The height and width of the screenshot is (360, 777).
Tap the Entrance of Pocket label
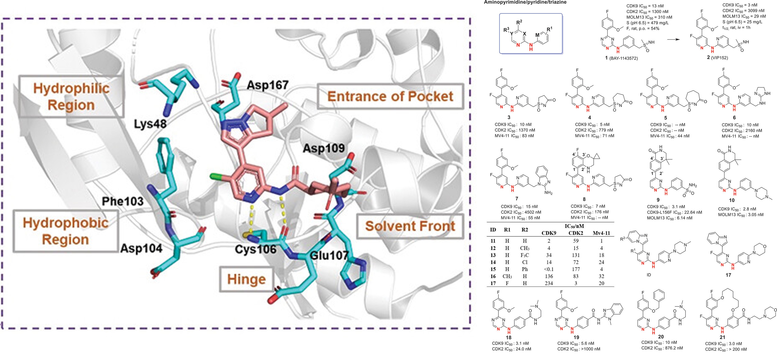[390, 96]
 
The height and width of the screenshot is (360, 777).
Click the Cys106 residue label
[255, 249]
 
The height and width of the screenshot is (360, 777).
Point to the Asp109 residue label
[324, 148]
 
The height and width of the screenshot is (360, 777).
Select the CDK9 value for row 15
[549, 269]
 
